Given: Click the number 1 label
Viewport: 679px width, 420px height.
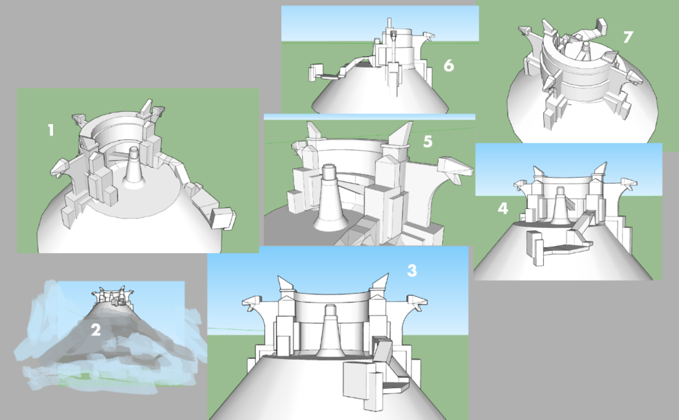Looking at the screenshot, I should tap(50, 130).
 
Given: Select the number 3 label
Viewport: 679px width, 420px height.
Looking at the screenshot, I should tap(411, 270).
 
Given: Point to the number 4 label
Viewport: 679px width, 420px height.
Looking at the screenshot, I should tap(502, 208).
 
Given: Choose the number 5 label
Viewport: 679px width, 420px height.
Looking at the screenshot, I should tap(427, 142).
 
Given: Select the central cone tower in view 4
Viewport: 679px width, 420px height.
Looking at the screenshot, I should tap(561, 207).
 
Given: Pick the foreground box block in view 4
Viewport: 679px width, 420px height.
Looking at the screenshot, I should tap(535, 248).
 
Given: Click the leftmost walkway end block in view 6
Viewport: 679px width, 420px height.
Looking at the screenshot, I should tap(314, 73).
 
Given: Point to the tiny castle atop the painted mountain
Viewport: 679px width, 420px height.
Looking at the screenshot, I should tap(111, 295).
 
